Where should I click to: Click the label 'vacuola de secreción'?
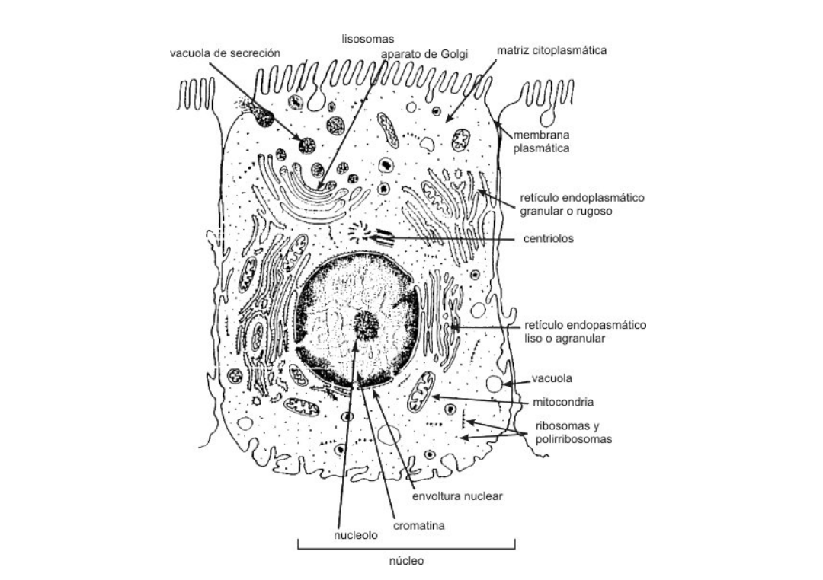click(x=225, y=53)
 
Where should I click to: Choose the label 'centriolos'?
click(x=549, y=238)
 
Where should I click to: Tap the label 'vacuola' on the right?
click(x=552, y=378)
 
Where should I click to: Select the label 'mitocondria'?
click(x=563, y=401)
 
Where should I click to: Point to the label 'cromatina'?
click(x=419, y=525)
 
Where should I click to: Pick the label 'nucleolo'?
click(x=356, y=535)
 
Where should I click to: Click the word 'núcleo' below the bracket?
click(x=406, y=561)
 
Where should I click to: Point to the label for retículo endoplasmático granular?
click(x=581, y=204)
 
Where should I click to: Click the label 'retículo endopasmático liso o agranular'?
click(x=585, y=332)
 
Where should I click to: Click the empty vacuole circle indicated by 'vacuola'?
click(x=496, y=384)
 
